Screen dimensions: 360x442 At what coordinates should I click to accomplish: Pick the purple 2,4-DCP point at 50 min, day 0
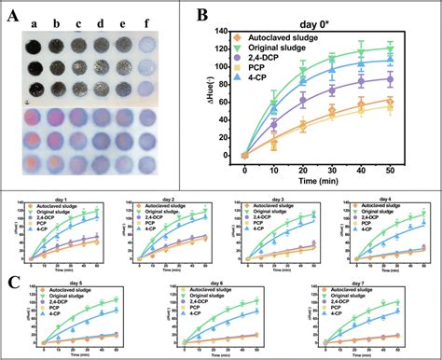click(x=390, y=80)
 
